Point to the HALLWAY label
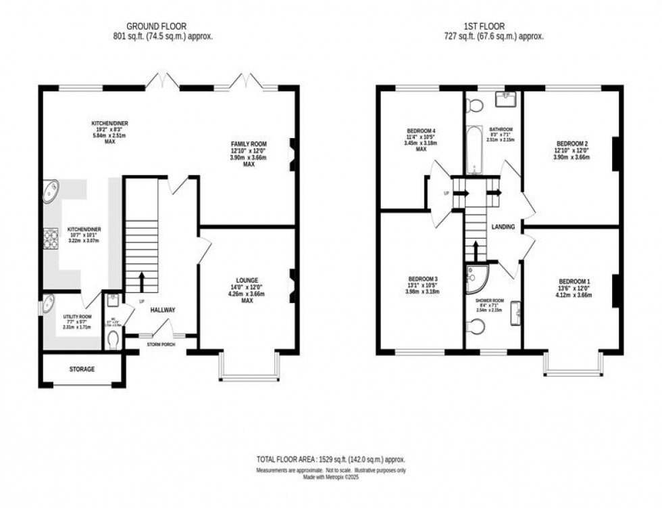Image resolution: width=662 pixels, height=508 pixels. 163,310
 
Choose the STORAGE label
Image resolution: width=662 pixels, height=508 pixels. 82,369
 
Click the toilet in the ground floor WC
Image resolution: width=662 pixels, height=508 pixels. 112,338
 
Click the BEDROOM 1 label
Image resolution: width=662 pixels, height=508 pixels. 574,281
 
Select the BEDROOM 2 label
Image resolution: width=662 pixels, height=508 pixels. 572,143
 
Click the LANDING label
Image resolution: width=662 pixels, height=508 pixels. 504,227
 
